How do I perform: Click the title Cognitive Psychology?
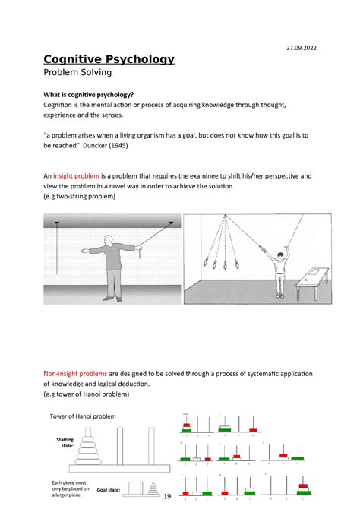click(109, 59)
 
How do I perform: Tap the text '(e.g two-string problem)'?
click(80, 196)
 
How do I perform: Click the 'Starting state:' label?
click(64, 443)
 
